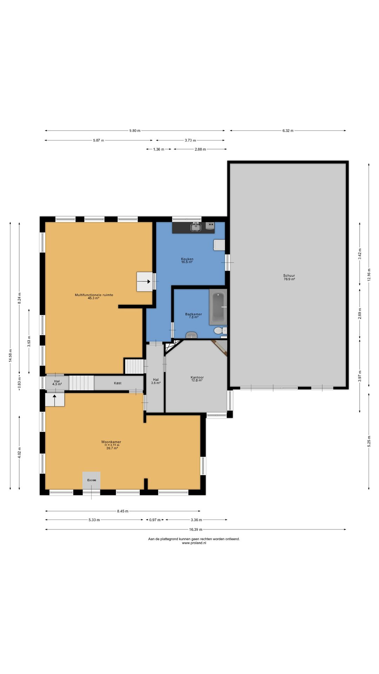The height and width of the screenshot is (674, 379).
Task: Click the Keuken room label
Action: pos(187,259)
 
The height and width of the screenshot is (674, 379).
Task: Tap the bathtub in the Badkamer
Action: pos(218,307)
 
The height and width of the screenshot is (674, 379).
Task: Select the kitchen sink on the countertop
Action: pos(195,227)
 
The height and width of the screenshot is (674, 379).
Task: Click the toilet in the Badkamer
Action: pos(219,330)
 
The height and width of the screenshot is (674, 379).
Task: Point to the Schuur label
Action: pos(289,276)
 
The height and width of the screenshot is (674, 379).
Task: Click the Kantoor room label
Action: pos(197,377)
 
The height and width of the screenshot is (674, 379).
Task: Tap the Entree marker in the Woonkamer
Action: pos(92,480)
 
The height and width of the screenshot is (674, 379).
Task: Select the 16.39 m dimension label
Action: pos(195,529)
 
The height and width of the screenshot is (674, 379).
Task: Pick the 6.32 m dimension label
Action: pos(288,131)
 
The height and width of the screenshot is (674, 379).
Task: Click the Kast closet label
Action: pos(118,383)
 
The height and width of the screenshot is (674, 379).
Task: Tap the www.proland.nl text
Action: pos(194,543)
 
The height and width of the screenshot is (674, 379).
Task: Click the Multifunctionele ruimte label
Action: pos(94,295)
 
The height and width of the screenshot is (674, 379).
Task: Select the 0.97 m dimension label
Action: pos(155,520)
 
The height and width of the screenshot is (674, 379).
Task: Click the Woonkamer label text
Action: pos(111,442)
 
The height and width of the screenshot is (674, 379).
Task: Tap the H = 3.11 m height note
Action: pos(112,445)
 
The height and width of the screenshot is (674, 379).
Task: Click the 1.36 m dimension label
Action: pos(159,149)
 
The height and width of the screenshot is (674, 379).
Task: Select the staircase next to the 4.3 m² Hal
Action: pos(81,383)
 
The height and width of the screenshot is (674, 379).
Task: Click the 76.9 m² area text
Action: pos(289,279)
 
